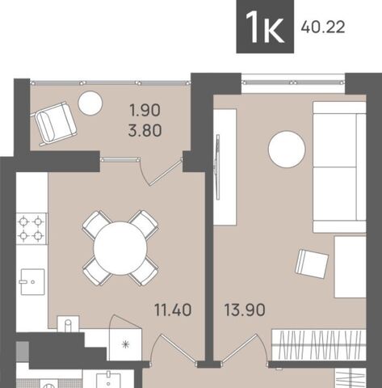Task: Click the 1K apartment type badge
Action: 265,27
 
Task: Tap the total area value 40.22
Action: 323,27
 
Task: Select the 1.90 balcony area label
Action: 145,111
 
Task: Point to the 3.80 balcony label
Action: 145,130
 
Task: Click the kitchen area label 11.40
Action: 173,310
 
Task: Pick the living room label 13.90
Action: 245,310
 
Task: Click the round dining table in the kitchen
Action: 120,248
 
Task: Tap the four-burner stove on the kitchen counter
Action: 31,229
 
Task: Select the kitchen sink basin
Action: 32,282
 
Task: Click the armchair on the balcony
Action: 55,124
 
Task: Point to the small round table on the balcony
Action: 90,103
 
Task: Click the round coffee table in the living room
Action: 287,150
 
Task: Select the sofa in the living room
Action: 339,167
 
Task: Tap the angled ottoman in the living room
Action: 312,264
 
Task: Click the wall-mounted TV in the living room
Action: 217,167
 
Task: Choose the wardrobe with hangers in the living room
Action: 319,345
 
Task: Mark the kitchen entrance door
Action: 176,348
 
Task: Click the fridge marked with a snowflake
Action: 125,344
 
